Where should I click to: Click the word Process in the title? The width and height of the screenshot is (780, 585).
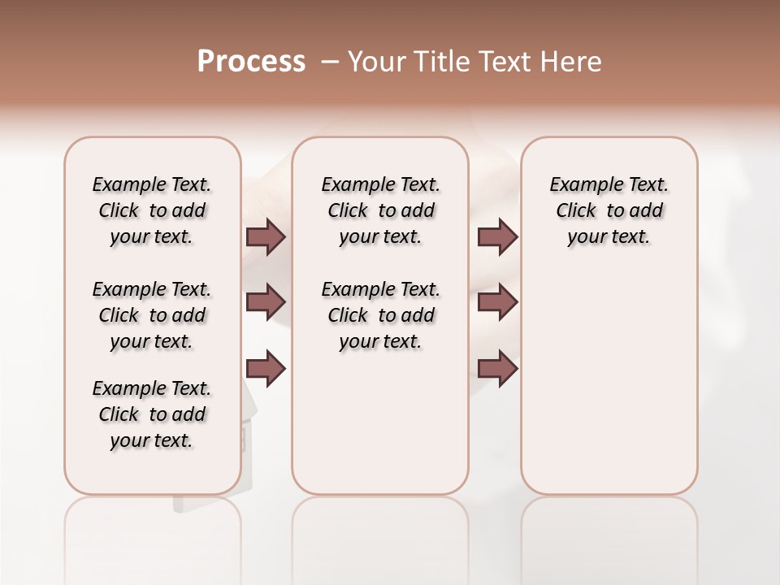click(251, 62)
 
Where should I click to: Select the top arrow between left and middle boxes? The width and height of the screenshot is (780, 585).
click(266, 237)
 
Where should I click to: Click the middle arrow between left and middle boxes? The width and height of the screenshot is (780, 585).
click(266, 302)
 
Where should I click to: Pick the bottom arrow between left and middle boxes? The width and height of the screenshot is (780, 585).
click(266, 368)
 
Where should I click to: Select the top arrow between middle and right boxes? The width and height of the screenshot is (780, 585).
click(498, 237)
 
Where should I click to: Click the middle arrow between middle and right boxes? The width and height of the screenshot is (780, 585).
click(498, 302)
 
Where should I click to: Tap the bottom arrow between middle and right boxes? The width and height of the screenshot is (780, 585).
click(498, 368)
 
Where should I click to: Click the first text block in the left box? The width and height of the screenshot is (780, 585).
click(152, 210)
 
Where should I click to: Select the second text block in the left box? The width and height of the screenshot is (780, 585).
click(152, 315)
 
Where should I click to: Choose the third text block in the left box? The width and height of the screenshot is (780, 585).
click(152, 414)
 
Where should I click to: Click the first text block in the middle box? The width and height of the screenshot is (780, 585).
click(381, 210)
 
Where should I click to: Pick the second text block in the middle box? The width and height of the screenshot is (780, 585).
click(381, 315)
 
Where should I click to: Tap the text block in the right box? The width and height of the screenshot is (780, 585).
click(609, 210)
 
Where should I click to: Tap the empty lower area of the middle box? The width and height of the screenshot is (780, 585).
click(380, 422)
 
